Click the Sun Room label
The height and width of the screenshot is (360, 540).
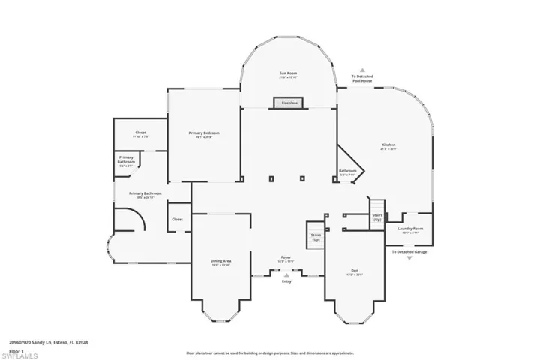[289, 74]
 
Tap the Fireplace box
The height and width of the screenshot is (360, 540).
[289, 102]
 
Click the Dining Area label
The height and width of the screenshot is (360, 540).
[220, 262]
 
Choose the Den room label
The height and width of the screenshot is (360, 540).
[355, 272]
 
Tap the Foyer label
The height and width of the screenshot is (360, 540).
[286, 258]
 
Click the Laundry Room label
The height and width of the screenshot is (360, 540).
[410, 229]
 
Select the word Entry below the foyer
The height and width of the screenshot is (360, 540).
[286, 281]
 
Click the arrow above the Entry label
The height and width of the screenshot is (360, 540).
[286, 274]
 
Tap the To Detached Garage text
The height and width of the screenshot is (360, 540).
[409, 252]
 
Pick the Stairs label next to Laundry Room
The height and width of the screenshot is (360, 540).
[377, 216]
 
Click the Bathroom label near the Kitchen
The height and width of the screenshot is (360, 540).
[347, 172]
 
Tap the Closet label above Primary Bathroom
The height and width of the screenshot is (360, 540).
[140, 133]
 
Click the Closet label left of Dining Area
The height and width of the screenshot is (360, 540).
[177, 220]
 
